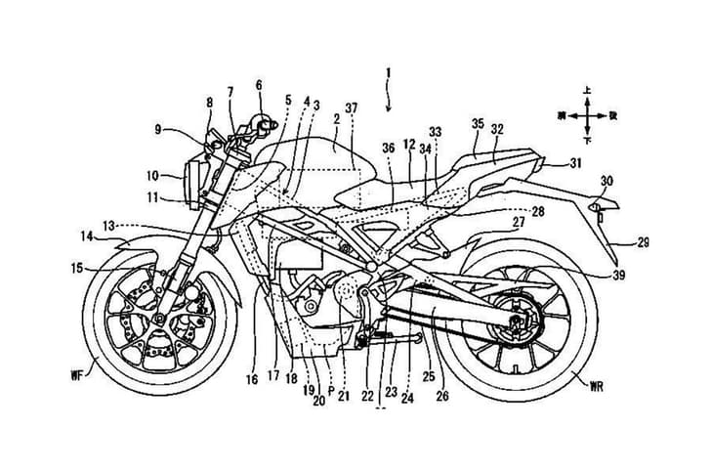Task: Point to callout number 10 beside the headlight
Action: click(x=153, y=177)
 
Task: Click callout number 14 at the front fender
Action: click(x=87, y=235)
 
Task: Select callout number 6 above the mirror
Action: click(x=260, y=85)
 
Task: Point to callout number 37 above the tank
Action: click(x=351, y=107)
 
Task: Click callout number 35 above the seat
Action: click(x=478, y=124)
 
